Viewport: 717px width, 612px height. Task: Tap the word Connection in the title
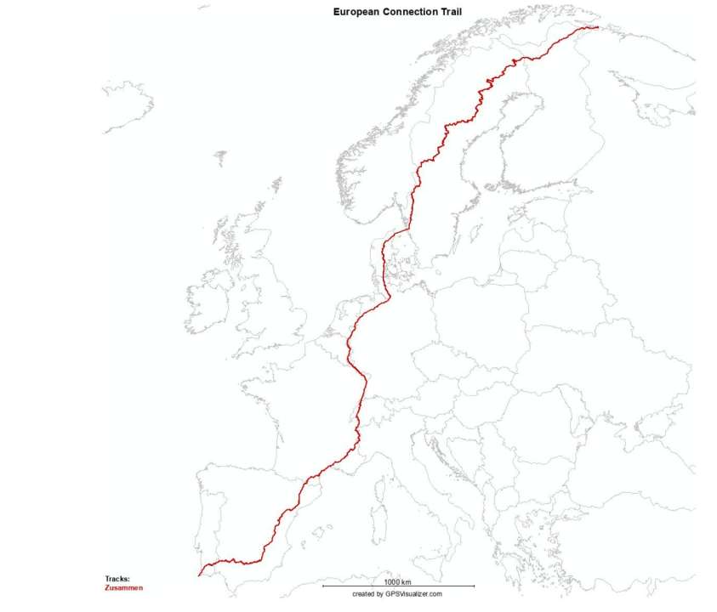pyautogui.click(x=413, y=12)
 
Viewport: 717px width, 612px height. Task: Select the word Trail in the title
pyautogui.click(x=454, y=12)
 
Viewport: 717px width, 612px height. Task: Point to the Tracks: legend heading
pyautogui.click(x=117, y=579)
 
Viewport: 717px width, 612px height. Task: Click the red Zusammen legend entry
pyautogui.click(x=124, y=587)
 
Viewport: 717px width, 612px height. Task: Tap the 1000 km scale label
pyautogui.click(x=397, y=581)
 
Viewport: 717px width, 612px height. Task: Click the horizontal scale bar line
pyautogui.click(x=398, y=586)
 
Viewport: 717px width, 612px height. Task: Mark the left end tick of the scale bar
pyautogui.click(x=322, y=586)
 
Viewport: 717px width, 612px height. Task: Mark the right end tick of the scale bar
pyautogui.click(x=474, y=586)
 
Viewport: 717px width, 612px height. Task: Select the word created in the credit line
pyautogui.click(x=363, y=594)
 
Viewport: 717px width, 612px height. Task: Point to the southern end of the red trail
pyautogui.click(x=199, y=575)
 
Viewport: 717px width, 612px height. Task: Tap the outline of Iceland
pyautogui.click(x=128, y=106)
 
